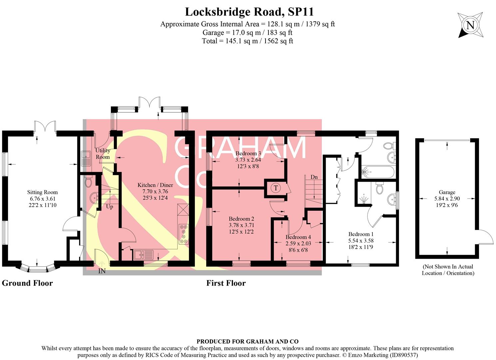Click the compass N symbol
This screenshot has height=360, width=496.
[x=470, y=25]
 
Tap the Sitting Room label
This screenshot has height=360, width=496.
[x=42, y=192]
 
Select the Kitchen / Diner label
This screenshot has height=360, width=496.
[x=155, y=185]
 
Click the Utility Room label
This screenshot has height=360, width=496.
[x=103, y=154]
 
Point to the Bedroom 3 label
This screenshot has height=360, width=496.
[x=248, y=153]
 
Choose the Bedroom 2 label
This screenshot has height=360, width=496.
[x=241, y=219]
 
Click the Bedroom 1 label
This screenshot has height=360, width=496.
[x=361, y=234]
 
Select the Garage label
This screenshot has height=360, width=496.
[x=447, y=192]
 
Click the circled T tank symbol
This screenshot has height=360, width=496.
[x=275, y=188]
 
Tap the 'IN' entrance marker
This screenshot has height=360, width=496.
[x=102, y=271]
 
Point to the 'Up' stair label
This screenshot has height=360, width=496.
[x=110, y=207]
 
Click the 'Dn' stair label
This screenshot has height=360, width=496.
[x=314, y=177]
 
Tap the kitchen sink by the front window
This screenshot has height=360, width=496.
[x=144, y=255]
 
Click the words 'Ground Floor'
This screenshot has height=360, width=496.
[x=27, y=283]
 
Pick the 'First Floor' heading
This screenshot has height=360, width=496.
[x=226, y=283]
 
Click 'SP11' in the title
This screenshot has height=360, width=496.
[x=301, y=12]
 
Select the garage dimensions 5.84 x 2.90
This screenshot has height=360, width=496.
[x=447, y=199]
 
